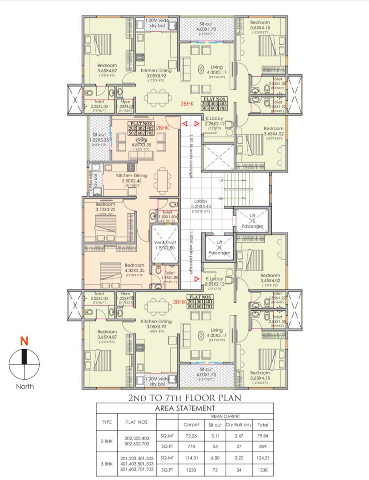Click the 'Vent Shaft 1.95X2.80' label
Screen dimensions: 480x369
[x=165, y=245]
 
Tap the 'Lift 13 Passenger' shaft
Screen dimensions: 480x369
[x=252, y=221]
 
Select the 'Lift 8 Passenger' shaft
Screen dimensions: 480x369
[x=219, y=247]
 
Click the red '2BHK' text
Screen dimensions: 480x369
[x=162, y=128]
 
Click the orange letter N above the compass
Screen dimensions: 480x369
[x=24, y=341]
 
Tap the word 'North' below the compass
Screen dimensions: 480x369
[x=25, y=386]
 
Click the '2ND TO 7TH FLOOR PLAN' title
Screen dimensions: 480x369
[x=185, y=398]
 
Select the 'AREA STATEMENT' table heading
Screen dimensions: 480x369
[x=185, y=408]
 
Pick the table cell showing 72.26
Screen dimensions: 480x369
[x=191, y=436]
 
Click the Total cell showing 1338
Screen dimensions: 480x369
[x=262, y=470]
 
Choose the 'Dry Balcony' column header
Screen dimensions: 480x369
[x=239, y=425]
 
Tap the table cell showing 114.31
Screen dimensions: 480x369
[x=191, y=458]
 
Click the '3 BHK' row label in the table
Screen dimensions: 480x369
[x=107, y=464]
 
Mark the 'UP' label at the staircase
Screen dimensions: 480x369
[x=221, y=181]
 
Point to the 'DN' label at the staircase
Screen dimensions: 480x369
[x=221, y=199]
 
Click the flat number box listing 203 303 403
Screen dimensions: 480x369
[x=214, y=103]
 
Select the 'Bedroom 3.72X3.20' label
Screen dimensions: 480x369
[x=105, y=206]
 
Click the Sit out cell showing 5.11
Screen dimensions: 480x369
[x=215, y=436]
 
